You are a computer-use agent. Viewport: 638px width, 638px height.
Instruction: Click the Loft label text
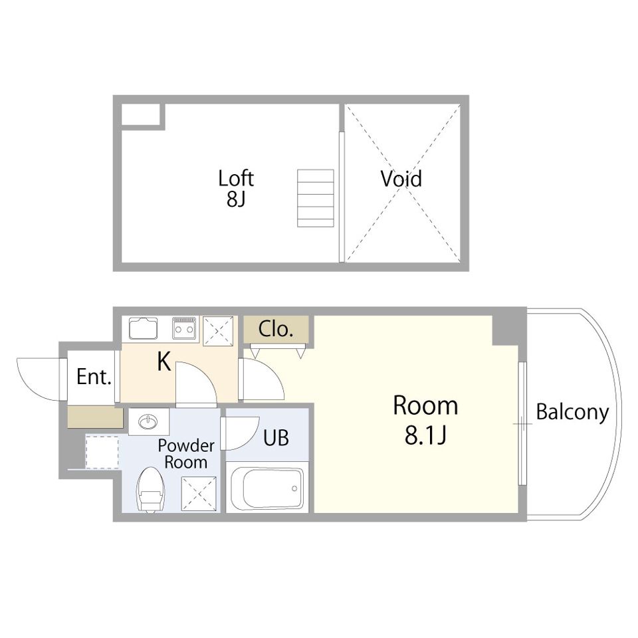click(236, 179)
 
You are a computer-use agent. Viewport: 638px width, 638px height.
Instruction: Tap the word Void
click(401, 179)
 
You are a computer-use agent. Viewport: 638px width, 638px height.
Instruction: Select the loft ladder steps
click(315, 198)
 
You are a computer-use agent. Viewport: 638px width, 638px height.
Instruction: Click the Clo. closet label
click(275, 329)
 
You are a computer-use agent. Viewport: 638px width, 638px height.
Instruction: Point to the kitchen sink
click(144, 328)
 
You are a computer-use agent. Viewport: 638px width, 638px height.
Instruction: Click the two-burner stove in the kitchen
click(184, 328)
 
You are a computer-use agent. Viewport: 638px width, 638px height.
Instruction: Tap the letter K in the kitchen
click(164, 362)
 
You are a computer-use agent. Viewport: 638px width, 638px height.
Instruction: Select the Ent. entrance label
click(94, 377)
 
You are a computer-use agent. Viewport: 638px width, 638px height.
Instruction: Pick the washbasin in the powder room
click(148, 422)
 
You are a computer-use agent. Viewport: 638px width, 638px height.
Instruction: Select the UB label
click(276, 438)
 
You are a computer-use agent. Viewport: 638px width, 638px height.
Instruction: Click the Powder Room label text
click(186, 454)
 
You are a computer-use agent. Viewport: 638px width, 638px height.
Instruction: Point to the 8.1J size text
click(425, 435)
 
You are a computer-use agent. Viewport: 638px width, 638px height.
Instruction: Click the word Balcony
click(572, 413)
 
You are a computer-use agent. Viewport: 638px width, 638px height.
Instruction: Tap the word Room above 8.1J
click(425, 405)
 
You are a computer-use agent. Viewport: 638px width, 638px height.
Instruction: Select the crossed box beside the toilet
click(199, 494)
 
